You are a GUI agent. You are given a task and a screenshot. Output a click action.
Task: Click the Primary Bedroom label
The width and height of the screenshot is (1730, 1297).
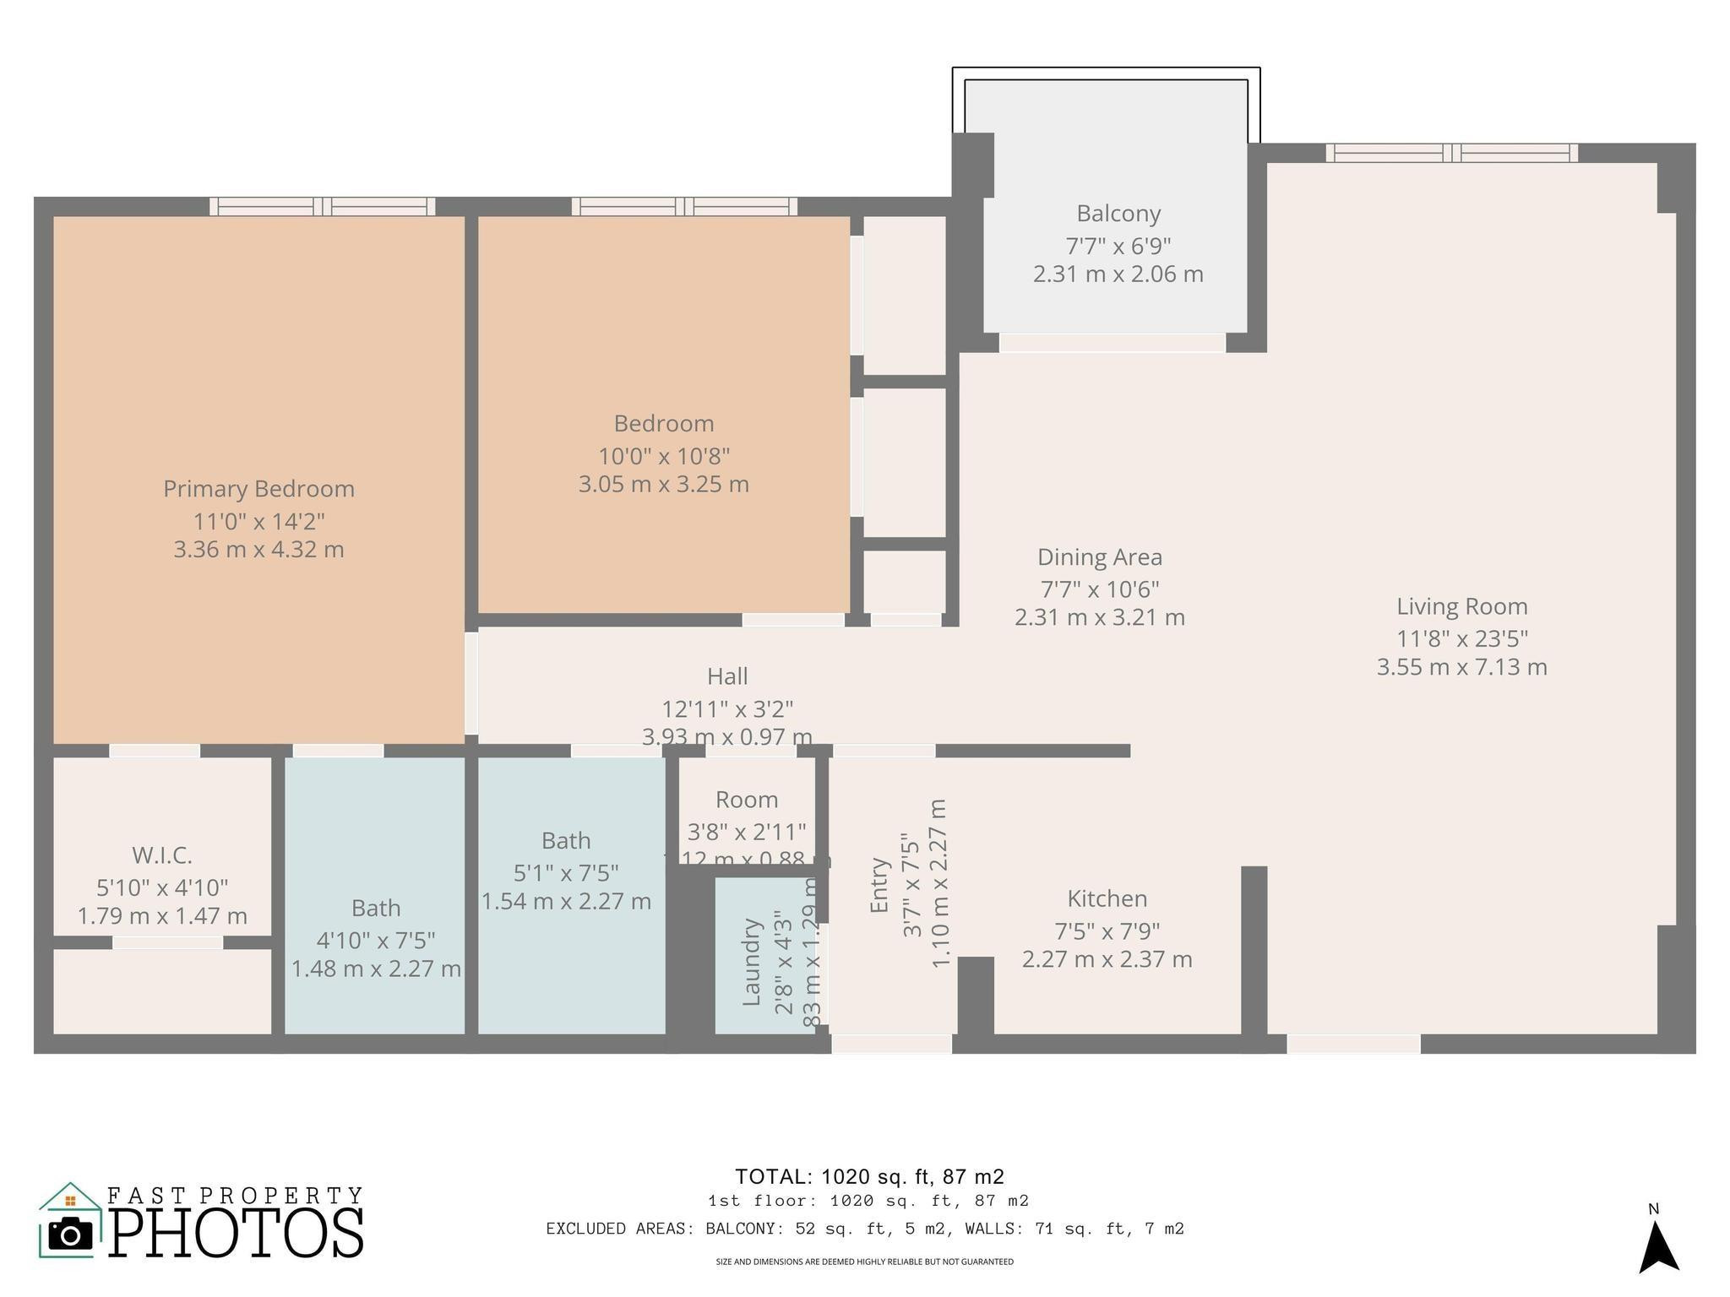[258, 489]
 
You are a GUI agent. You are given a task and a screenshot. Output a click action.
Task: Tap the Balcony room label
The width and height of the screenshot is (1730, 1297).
[1118, 214]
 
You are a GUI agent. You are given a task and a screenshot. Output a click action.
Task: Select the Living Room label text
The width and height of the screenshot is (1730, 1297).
[1461, 606]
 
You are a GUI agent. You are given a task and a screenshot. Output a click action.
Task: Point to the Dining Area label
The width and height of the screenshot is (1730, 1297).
[1100, 557]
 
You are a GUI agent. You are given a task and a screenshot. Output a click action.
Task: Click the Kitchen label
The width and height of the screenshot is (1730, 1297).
[1107, 898]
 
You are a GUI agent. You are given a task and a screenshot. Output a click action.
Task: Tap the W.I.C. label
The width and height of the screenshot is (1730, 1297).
[162, 855]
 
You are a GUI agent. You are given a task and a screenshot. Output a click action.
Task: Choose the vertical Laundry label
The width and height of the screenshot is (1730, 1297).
[751, 963]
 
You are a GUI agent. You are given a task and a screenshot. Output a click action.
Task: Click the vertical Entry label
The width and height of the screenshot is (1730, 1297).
[879, 885]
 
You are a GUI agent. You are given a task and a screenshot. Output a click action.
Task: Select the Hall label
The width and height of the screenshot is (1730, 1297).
[727, 676]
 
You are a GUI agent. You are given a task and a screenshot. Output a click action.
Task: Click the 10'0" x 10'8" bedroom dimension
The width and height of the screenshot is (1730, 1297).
[664, 457]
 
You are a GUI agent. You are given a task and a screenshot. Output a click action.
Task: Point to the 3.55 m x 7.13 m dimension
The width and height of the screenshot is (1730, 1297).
[1461, 667]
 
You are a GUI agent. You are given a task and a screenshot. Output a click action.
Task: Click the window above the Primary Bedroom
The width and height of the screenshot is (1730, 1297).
[322, 207]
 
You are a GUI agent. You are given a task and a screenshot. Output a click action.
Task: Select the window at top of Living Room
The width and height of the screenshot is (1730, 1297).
[1451, 153]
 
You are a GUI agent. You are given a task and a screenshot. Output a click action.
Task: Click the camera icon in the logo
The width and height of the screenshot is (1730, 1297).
[70, 1234]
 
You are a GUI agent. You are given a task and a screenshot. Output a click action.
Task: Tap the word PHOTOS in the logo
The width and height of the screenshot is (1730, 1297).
[236, 1233]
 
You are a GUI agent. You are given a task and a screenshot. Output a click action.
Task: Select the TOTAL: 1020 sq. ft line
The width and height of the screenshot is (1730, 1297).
[869, 1176]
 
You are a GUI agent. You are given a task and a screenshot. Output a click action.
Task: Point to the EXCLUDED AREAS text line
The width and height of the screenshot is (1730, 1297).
[865, 1229]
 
